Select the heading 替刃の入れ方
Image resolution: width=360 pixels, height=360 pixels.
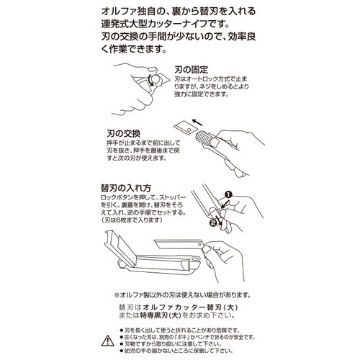point(125,186)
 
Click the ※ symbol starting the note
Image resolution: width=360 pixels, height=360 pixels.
point(117,294)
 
